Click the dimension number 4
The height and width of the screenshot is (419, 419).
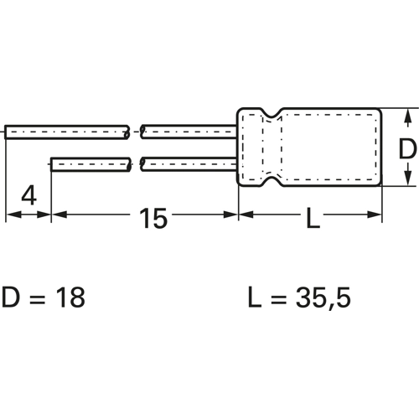[x=29, y=196]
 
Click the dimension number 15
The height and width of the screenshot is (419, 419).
[x=153, y=218]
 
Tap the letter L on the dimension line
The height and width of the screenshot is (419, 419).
[x=313, y=218]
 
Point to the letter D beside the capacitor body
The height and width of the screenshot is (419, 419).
[x=407, y=149]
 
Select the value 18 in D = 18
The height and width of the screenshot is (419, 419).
[x=70, y=297]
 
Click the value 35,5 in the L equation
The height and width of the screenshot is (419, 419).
[x=323, y=297]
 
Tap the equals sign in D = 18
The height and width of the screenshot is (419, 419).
[x=37, y=299]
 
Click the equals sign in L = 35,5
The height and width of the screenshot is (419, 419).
[x=279, y=299]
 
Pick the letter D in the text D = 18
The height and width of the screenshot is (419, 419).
[x=11, y=297]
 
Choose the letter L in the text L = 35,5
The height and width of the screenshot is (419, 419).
[x=255, y=297]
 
